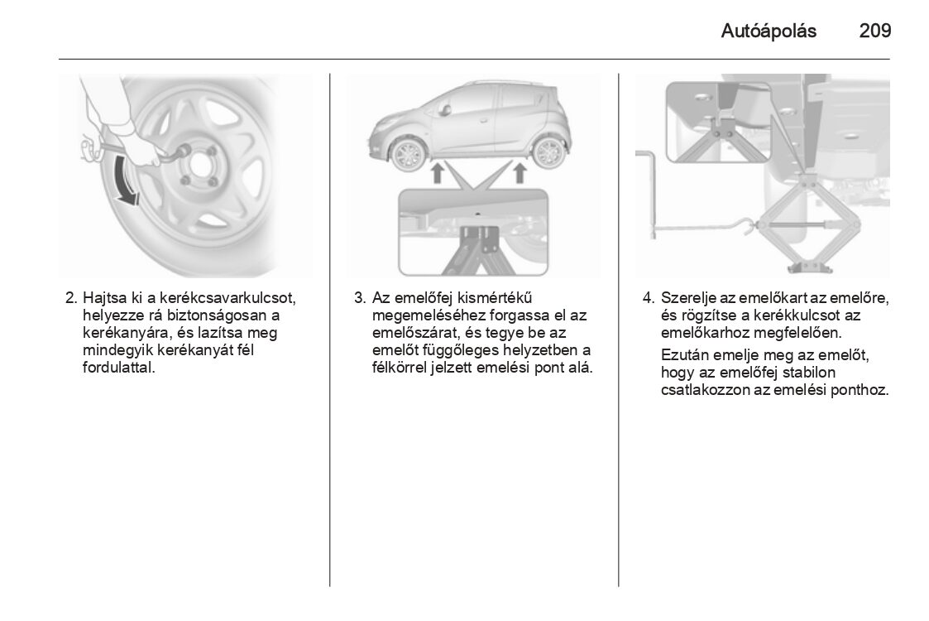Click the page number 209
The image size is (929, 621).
[x=874, y=31]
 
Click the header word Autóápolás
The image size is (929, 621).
[x=769, y=31]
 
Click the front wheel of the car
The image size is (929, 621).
[x=409, y=154]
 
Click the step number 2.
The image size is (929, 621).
[x=71, y=297]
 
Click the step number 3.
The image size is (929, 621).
[x=360, y=297]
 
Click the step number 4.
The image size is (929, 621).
[x=649, y=297]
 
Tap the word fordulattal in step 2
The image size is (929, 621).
[x=119, y=367]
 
